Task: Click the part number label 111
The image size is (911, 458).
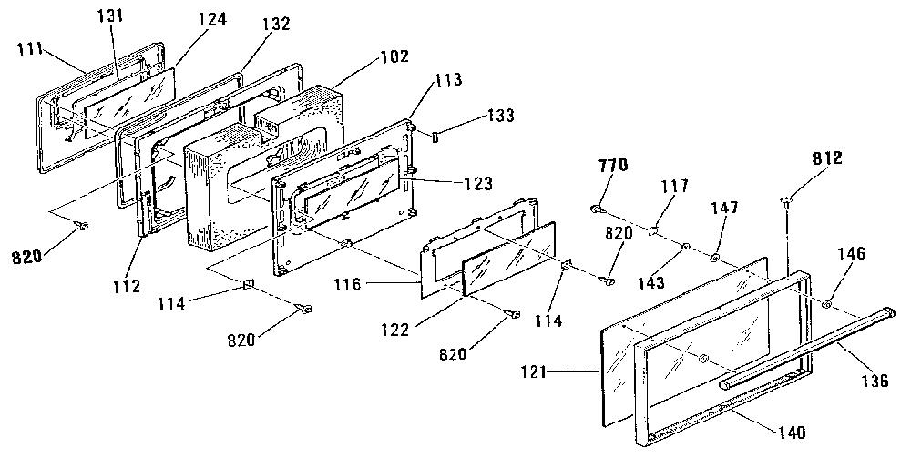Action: [28, 48]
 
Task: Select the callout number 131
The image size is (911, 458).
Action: [110, 15]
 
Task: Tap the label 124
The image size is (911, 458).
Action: [211, 20]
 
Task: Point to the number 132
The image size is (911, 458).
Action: [276, 24]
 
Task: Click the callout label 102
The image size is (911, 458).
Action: [395, 56]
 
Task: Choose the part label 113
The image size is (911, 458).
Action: [447, 79]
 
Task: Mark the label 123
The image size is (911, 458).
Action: [477, 183]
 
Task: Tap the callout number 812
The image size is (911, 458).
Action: [827, 158]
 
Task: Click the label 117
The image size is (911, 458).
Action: [674, 186]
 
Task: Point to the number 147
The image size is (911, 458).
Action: [724, 208]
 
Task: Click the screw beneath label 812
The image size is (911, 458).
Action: [786, 202]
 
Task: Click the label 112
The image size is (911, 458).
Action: [127, 286]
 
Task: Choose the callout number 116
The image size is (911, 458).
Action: [348, 284]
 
